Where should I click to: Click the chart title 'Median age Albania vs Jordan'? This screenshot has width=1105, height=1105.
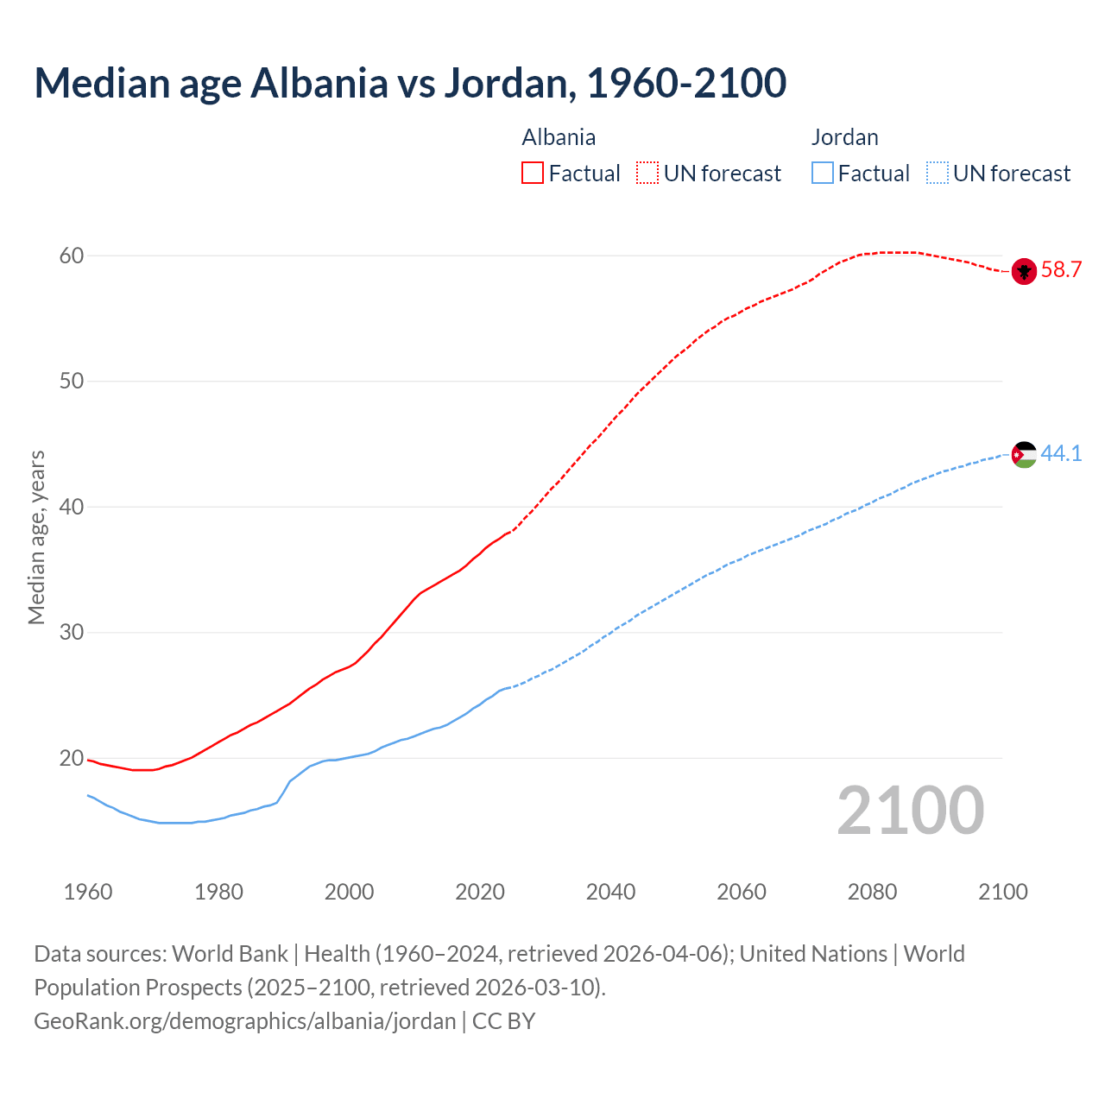[x=410, y=84]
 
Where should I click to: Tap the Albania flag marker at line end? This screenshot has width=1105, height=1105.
[x=1024, y=271]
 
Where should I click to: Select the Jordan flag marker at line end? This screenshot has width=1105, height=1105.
[x=1024, y=454]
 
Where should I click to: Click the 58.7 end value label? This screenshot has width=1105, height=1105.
[x=1061, y=270]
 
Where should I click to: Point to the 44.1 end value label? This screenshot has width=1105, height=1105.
[x=1061, y=453]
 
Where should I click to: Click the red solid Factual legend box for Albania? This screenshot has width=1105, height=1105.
[x=533, y=174]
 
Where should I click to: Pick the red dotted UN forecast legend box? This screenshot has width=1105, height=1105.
[x=647, y=174]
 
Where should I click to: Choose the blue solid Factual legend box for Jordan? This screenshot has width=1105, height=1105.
[x=823, y=174]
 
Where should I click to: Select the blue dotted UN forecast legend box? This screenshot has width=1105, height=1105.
[x=937, y=174]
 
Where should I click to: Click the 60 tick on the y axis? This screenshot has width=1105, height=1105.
[x=72, y=256]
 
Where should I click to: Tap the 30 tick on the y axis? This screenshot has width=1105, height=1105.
[x=72, y=633]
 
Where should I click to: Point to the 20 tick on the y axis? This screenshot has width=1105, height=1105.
[x=72, y=759]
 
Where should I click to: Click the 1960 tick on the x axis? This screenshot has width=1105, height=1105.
[x=88, y=892]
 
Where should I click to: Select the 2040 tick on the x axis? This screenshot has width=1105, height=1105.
[x=610, y=892]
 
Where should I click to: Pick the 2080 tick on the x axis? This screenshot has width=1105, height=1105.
[x=872, y=892]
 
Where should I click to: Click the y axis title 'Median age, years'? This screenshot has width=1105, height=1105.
[x=36, y=537]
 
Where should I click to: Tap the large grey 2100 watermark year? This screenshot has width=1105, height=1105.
[x=910, y=811]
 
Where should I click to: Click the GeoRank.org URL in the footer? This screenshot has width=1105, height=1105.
[x=245, y=1021]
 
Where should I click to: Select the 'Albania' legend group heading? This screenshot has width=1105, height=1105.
[x=559, y=137]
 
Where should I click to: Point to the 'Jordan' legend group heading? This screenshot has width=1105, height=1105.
[x=844, y=137]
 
